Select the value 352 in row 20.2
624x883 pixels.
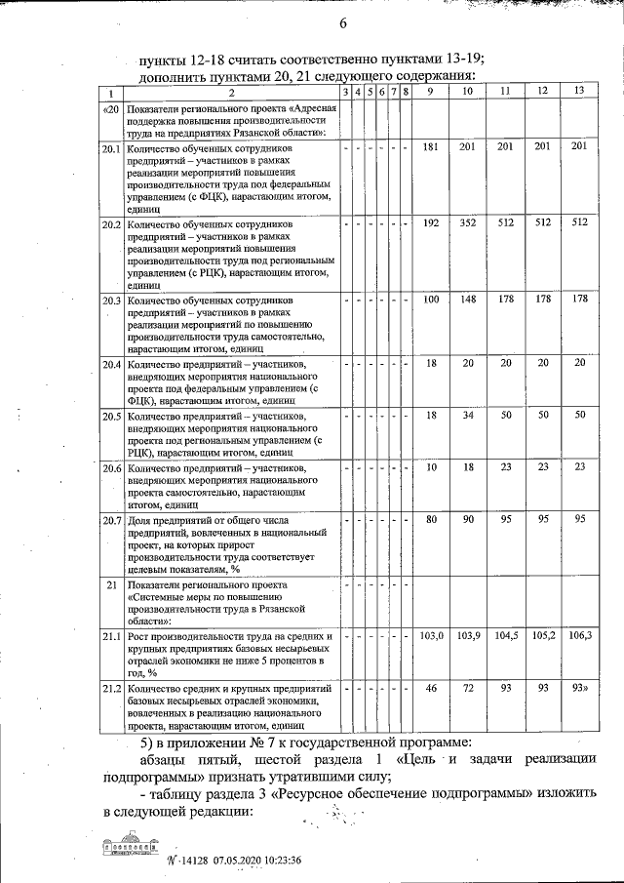pos(468,222)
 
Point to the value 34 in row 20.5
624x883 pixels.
pos(468,416)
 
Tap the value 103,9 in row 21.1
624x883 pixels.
pos(468,636)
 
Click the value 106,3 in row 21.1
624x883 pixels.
pos(580,636)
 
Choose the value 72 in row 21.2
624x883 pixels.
pos(468,689)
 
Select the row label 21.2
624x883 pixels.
pos(111,690)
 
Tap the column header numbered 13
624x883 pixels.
pos(580,91)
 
